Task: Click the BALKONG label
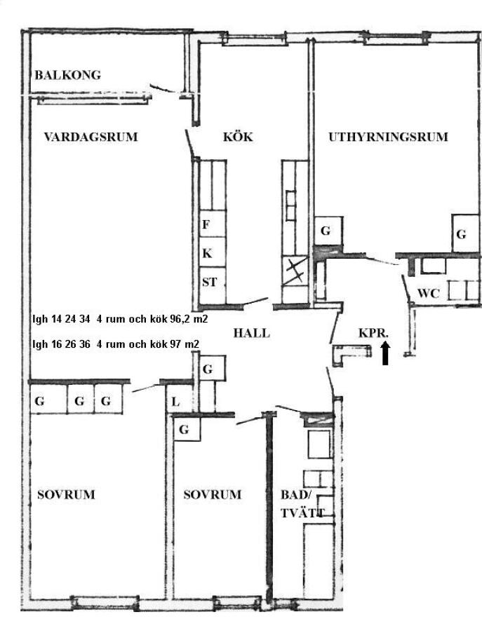tap(67, 75)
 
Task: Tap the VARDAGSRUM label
tap(91, 137)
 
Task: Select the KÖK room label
tap(238, 137)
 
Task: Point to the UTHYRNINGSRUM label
tap(388, 137)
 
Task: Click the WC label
tap(429, 293)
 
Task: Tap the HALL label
tap(252, 333)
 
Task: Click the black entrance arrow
tap(385, 353)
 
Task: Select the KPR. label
tap(374, 333)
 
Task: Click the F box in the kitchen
tap(212, 224)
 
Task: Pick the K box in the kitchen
tap(212, 252)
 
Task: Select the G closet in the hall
tap(212, 368)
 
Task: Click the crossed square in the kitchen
tap(295, 271)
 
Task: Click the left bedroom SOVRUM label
tap(66, 494)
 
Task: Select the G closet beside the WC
tap(465, 233)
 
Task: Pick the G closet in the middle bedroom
tap(187, 429)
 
